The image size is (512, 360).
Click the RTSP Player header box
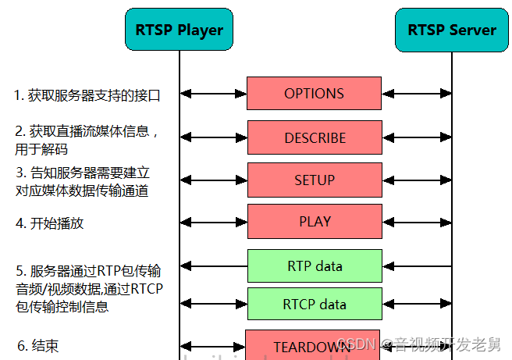(x=180, y=30)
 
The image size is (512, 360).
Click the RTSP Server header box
(x=452, y=30)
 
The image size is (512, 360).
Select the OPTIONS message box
(x=314, y=94)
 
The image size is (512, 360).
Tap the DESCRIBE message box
(x=315, y=137)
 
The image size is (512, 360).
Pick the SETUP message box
(x=315, y=180)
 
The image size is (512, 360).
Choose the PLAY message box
(x=315, y=221)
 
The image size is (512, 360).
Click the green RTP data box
(x=315, y=266)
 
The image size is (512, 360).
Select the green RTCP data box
(x=315, y=304)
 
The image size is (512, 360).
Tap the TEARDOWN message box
(x=312, y=346)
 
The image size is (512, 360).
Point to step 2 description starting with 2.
(x=87, y=139)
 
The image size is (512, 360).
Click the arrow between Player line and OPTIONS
(x=213, y=94)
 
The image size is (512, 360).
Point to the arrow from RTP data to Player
(x=213, y=266)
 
